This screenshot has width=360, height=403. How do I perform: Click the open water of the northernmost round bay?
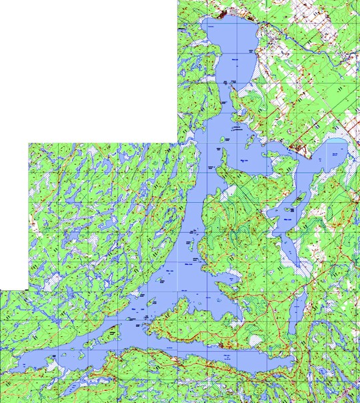tap(230, 50)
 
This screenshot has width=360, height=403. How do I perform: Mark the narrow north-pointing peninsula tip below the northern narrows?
tap(224, 151)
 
